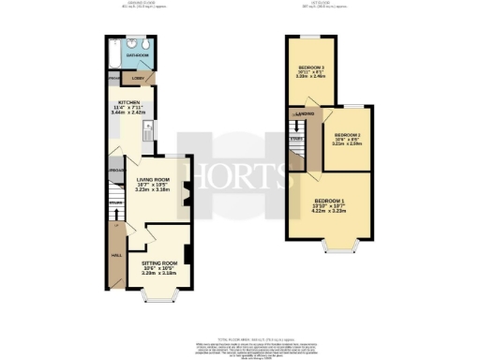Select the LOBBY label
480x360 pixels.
coord(137,77)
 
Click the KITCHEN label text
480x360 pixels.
coord(129,101)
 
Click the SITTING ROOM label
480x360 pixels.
coord(159,262)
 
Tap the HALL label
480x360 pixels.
coord(116,254)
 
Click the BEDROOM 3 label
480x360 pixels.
coord(311,67)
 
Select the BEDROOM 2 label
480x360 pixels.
coord(347,135)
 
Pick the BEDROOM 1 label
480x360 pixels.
coord(330,202)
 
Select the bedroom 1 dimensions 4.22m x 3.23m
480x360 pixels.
coord(330,213)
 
